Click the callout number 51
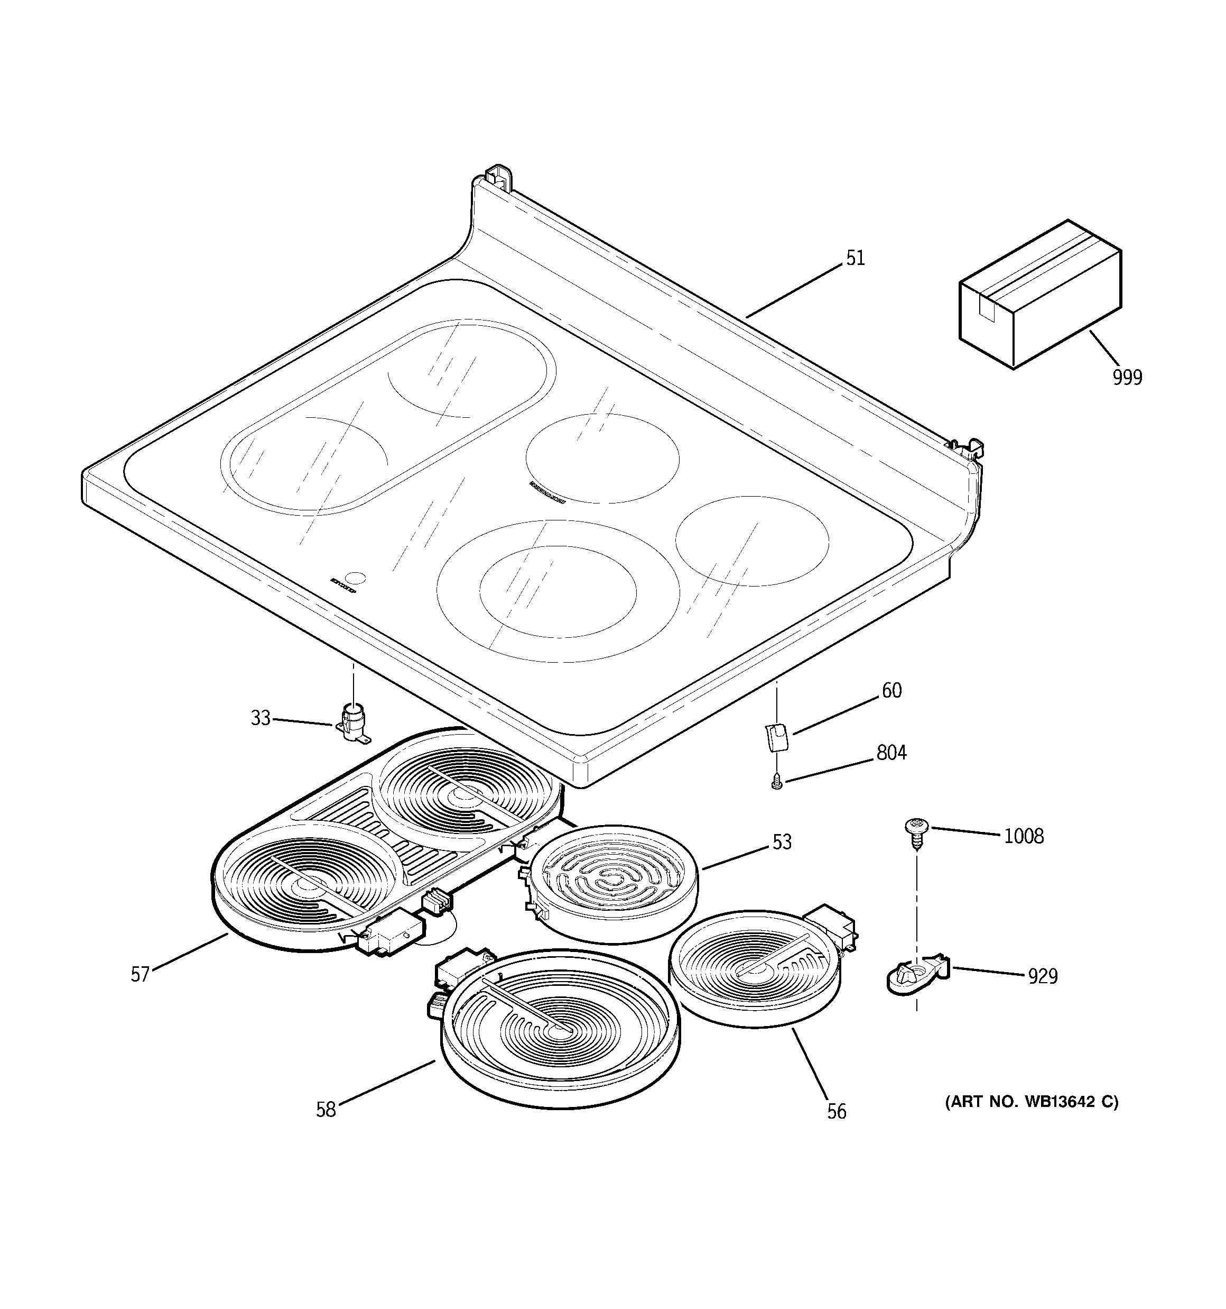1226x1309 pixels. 855,258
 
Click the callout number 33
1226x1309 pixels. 261,718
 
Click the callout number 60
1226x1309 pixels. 891,690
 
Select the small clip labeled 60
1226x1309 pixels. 776,736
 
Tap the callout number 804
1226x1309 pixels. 891,752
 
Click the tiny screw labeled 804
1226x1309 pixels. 776,782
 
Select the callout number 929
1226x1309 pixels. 1043,976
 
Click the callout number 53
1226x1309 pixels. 782,841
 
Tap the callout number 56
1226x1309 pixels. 837,1112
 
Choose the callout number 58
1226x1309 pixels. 326,1110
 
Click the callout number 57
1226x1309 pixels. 140,975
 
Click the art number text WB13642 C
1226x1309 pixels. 1031,1102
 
